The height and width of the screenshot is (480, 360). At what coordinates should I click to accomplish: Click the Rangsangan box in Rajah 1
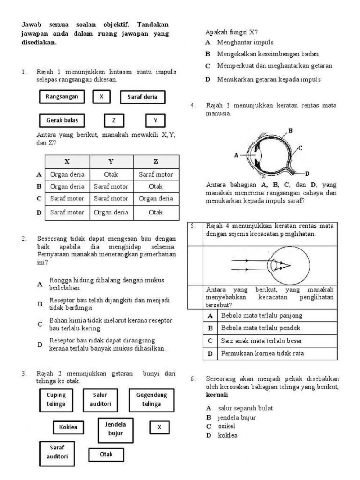pos(62,97)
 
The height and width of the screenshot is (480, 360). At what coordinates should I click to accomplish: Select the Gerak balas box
pos(62,120)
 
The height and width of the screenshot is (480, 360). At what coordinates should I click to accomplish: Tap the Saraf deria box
pos(143,97)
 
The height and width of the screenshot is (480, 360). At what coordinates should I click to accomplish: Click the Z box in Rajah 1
pos(114,120)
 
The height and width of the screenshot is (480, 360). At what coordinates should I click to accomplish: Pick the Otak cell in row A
pos(111,174)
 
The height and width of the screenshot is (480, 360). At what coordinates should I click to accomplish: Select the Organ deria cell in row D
pos(111,212)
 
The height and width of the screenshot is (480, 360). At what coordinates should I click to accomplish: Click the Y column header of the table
pos(111,161)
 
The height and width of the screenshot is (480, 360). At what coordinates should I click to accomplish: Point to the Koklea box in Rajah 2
pos(68,427)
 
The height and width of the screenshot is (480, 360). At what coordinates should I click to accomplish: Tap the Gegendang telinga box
pos(151,400)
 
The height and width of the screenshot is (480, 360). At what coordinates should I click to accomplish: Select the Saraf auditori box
pos(57,452)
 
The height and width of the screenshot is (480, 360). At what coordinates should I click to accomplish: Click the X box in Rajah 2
pos(159,427)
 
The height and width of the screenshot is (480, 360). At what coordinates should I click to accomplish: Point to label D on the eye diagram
pos(308,174)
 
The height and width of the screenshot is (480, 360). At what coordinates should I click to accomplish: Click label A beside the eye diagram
pos(237,156)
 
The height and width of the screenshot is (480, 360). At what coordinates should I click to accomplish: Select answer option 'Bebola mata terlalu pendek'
pos(261,328)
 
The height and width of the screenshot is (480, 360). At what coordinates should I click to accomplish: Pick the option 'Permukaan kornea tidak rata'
pos(262,354)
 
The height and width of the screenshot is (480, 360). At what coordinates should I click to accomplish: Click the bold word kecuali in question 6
pos(217,395)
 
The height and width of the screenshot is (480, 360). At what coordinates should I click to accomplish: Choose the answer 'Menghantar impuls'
pos(245,43)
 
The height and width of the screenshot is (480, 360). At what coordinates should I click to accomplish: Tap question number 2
pos(24,239)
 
